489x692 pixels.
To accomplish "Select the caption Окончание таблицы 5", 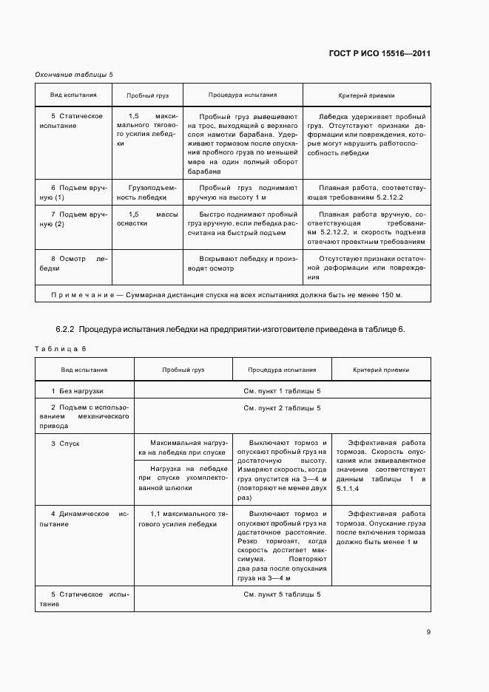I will point(74,75).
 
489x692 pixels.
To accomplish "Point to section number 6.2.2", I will point(65,328).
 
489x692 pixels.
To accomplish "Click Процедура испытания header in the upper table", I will point(243,95).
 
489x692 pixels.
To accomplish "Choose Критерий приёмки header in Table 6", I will point(380,370).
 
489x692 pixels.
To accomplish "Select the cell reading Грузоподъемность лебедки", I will point(146,193).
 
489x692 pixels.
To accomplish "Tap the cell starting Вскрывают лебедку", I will point(243,263).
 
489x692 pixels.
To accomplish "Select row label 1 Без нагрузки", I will point(77,390).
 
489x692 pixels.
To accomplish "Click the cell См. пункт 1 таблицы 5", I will point(282,390).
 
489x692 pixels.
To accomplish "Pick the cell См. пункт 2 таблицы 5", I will point(282,408).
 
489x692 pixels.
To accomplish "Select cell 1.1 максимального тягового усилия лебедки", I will point(183,518).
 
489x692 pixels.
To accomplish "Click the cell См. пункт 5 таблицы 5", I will point(282,594).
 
